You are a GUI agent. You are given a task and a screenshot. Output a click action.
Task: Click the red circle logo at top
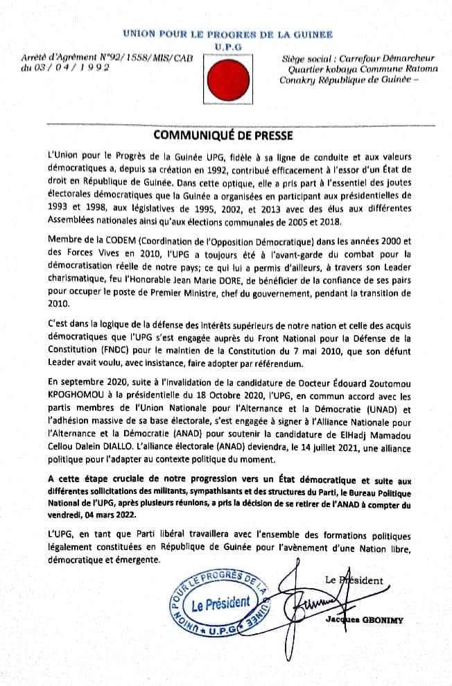click(x=225, y=80)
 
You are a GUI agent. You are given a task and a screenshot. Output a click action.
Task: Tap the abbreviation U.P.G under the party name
click(x=225, y=44)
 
